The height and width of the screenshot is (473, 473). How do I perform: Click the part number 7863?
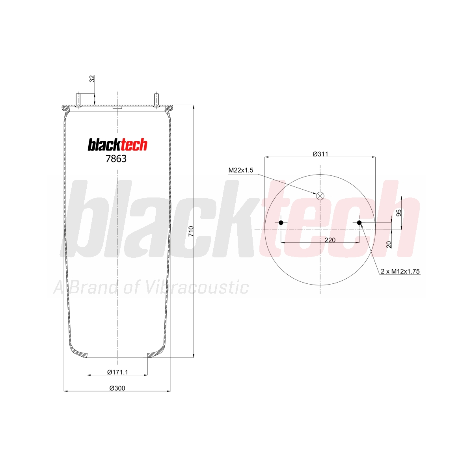click(116, 159)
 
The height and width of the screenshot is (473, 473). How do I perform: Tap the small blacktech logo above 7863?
click(117, 145)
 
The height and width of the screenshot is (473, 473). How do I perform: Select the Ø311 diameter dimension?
click(320, 154)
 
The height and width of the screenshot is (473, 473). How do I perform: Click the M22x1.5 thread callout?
click(240, 170)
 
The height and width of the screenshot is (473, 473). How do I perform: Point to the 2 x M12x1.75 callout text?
click(400, 271)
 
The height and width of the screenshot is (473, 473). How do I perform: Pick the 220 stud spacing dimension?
click(330, 240)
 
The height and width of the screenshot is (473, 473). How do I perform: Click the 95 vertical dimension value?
click(399, 213)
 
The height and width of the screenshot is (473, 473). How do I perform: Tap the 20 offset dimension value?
click(389, 244)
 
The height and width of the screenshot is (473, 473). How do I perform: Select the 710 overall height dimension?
click(191, 231)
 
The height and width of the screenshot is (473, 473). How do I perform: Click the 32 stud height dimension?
click(92, 79)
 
